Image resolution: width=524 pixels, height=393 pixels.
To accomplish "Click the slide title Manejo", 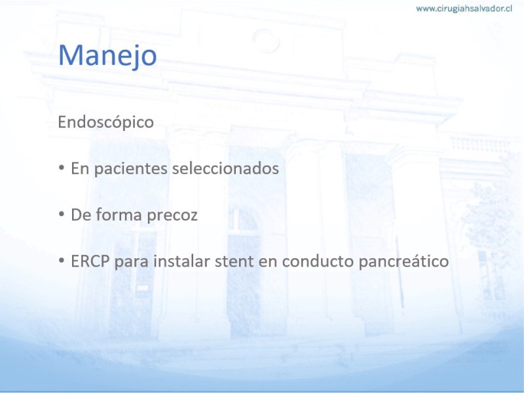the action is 107,55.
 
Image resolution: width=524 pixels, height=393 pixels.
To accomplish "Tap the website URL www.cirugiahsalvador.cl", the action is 464,9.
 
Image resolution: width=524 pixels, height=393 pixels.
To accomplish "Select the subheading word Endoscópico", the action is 105,122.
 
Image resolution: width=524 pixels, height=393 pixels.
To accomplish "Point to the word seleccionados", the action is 225,168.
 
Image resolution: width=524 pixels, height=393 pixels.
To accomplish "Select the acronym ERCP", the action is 90,261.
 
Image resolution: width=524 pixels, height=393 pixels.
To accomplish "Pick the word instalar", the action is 182,261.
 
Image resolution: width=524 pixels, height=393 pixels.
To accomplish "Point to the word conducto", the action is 318,261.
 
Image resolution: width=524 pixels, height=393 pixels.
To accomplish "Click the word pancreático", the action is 403,261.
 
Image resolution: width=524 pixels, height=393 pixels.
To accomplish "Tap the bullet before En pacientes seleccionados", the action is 62,168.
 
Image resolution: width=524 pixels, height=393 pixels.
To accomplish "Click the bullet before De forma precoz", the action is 62,214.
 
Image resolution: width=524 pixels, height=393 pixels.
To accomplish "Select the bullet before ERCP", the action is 62,261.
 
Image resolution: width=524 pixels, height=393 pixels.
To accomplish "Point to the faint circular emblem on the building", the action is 266,41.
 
